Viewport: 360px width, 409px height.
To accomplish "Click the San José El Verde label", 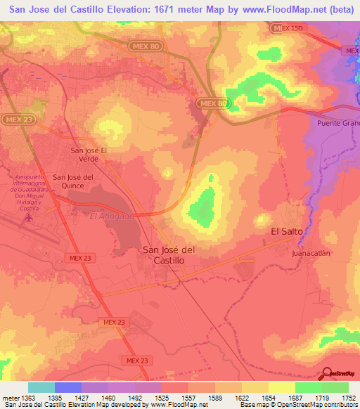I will pyautogui.click(x=89, y=154).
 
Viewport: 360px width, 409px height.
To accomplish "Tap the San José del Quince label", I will pyautogui.click(x=73, y=181).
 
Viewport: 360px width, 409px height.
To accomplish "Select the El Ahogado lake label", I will pyautogui.click(x=111, y=216).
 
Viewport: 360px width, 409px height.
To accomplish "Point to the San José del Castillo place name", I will pyautogui.click(x=169, y=254).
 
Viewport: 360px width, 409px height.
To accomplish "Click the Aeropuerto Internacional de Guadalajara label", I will pyautogui.click(x=30, y=190).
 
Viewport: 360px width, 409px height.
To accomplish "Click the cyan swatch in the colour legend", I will pyautogui.click(x=41, y=387).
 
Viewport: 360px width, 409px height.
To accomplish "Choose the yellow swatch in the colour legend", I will pyautogui.click(x=282, y=387).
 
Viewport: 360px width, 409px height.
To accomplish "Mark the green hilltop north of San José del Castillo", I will pyautogui.click(x=204, y=204).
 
